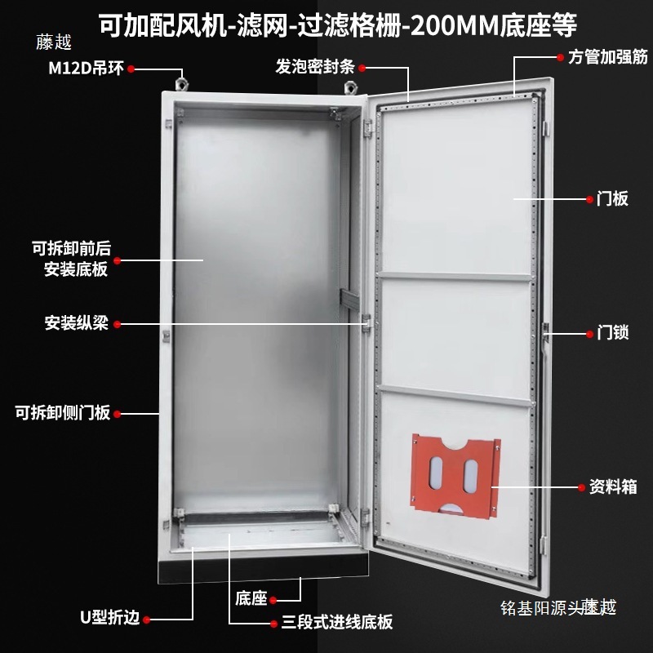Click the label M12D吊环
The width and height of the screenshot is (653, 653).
(x=86, y=69)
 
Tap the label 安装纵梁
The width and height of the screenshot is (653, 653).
(x=77, y=323)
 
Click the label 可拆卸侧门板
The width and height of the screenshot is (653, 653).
(x=62, y=413)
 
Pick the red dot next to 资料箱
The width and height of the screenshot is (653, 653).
(x=581, y=488)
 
